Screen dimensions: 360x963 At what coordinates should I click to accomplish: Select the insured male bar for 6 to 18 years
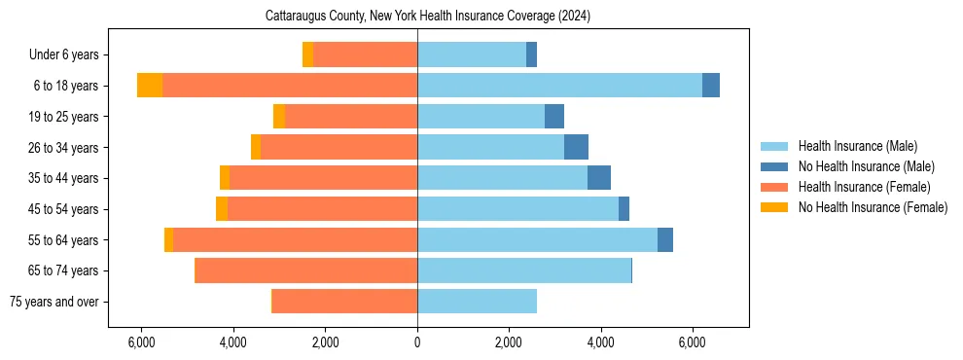(559, 86)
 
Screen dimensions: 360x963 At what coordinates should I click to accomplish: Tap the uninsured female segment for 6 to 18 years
(150, 86)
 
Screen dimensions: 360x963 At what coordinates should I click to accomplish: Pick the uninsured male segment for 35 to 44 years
(599, 178)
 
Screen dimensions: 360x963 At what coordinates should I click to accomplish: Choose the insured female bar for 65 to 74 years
(306, 270)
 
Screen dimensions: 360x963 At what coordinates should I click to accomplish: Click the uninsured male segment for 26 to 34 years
(576, 147)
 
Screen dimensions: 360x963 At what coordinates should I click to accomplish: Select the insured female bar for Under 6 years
(365, 54)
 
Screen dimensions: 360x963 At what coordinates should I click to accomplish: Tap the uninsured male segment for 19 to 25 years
(554, 117)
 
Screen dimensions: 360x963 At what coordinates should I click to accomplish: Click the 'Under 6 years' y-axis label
(63, 54)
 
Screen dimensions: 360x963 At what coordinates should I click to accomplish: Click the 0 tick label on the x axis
(417, 342)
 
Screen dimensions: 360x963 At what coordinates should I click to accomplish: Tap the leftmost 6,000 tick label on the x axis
(141, 342)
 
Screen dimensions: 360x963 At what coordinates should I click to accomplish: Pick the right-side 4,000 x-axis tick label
(600, 342)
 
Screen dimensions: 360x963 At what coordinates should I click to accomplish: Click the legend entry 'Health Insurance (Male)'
(857, 146)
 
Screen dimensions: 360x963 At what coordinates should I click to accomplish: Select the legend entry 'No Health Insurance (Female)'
(873, 207)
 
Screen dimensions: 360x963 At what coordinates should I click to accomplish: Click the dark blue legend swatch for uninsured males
(774, 166)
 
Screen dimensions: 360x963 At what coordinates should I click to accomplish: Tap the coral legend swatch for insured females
(774, 187)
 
